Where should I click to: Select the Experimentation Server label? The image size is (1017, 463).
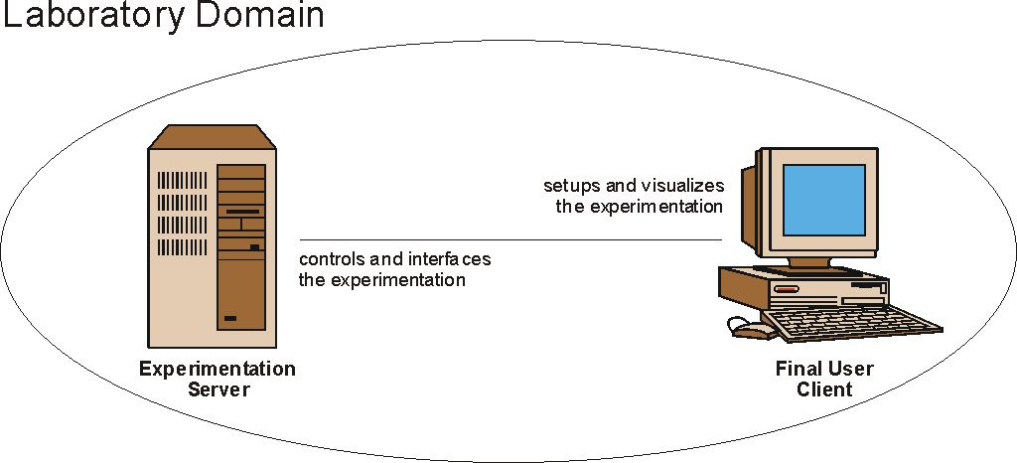(x=218, y=379)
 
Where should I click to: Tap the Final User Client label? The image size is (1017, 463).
(x=824, y=379)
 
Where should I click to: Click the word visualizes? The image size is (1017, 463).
(x=686, y=187)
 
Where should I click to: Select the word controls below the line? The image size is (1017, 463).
(x=331, y=260)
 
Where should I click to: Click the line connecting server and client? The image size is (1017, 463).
(x=510, y=240)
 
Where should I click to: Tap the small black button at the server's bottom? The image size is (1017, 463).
(x=230, y=319)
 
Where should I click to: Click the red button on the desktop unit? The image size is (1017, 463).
(x=787, y=289)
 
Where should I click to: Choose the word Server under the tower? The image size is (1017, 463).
(x=218, y=389)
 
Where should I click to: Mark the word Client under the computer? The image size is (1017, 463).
(x=824, y=389)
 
